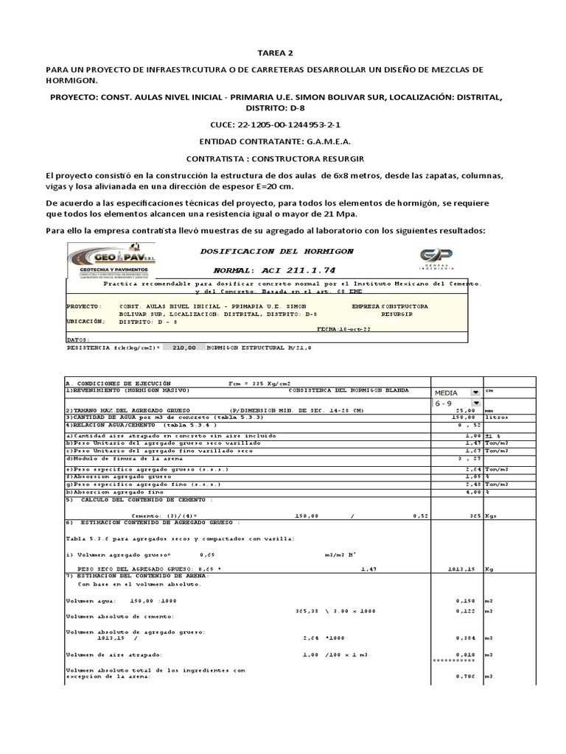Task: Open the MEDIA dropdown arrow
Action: click(x=475, y=392)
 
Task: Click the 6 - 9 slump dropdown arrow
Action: click(x=475, y=404)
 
